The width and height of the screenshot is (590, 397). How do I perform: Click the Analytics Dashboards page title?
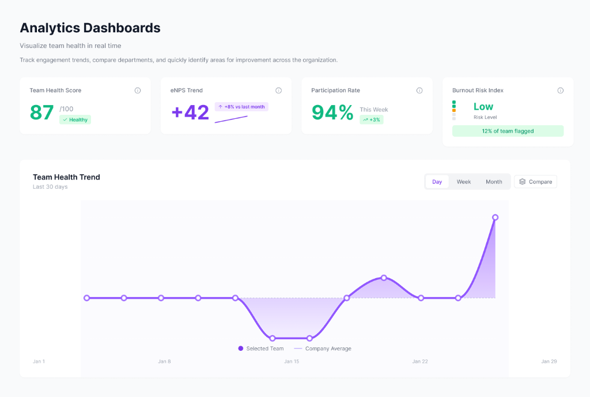[90, 28]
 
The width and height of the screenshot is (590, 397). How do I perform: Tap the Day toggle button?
[437, 182]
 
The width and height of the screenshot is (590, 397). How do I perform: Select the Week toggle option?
[464, 182]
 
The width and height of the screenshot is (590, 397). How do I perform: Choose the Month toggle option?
[494, 182]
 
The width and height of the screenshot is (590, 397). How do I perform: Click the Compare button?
[535, 182]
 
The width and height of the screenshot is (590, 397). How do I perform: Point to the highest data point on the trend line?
[495, 218]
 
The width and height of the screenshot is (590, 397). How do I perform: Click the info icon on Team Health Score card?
[138, 91]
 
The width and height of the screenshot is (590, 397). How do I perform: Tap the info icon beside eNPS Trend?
[279, 91]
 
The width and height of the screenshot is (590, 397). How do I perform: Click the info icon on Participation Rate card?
[419, 91]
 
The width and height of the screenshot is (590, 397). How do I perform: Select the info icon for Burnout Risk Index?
[561, 91]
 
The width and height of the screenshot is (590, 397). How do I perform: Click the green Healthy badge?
[75, 119]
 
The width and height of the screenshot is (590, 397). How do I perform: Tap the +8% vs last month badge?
[241, 107]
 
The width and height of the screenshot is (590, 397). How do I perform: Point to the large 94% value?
[332, 113]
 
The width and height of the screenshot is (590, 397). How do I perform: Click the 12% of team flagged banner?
[508, 131]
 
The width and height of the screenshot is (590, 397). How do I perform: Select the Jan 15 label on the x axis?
[292, 362]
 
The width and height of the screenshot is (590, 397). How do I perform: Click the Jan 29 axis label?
[549, 362]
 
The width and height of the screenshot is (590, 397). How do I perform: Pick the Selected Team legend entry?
[261, 349]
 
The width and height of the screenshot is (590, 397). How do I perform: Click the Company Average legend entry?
[323, 349]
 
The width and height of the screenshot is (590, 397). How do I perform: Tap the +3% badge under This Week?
[371, 119]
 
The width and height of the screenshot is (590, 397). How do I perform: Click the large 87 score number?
[41, 113]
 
